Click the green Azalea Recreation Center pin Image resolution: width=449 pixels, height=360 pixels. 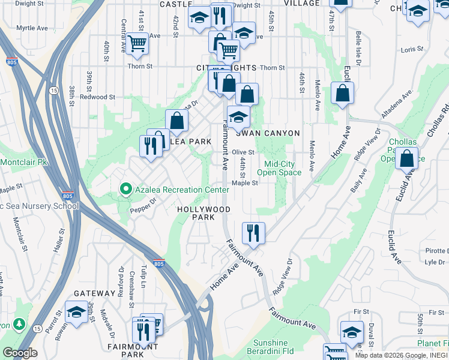coord(125,190)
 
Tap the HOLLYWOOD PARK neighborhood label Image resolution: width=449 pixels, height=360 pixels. coord(203,213)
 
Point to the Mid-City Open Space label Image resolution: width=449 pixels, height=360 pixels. coord(283,168)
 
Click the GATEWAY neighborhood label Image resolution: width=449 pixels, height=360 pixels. coord(94,293)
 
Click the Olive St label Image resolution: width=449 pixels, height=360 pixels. coord(244,152)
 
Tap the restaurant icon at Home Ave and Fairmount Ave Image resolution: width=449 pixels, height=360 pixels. coord(253,232)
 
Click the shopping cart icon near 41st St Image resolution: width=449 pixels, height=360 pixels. coord(138,43)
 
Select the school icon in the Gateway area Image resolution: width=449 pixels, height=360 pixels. coord(76,313)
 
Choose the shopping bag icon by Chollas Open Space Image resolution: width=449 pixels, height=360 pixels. coord(407,158)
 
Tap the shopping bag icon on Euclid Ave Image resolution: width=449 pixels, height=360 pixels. coord(342,94)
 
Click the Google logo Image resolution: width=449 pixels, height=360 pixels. coord(20,353)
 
